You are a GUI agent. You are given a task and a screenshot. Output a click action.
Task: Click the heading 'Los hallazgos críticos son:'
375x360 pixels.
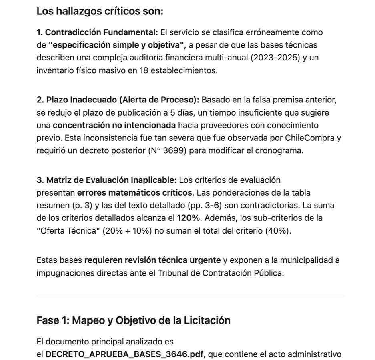tap(100, 11)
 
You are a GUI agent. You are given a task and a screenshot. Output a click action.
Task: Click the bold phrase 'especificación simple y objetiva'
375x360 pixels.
tap(116, 45)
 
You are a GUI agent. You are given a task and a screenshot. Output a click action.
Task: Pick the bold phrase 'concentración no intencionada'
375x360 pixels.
tap(114, 125)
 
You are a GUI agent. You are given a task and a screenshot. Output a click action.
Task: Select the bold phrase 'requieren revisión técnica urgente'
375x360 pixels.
tap(152, 260)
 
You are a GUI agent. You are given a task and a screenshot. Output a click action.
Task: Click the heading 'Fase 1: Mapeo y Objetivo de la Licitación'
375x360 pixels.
tap(133, 320)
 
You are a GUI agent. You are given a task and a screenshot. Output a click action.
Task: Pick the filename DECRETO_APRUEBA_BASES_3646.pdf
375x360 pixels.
tap(124, 354)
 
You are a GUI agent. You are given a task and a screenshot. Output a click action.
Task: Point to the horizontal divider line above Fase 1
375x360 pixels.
tap(191, 296)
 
